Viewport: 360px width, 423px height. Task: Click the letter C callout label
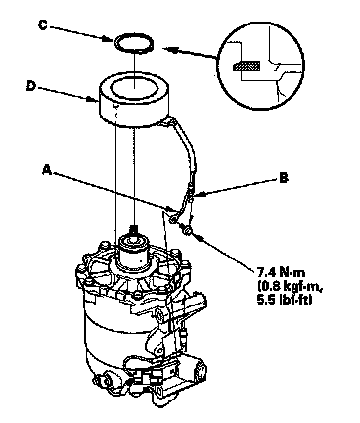click(x=43, y=25)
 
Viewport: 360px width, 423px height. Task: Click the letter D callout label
click(x=30, y=86)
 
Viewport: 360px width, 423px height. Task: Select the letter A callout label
click(x=47, y=170)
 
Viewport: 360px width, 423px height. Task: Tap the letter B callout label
click(x=284, y=178)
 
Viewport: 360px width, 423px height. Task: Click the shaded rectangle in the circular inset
click(x=247, y=66)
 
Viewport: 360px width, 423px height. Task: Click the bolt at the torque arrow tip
click(x=187, y=230)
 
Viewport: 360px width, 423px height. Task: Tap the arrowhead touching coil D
click(x=94, y=99)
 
